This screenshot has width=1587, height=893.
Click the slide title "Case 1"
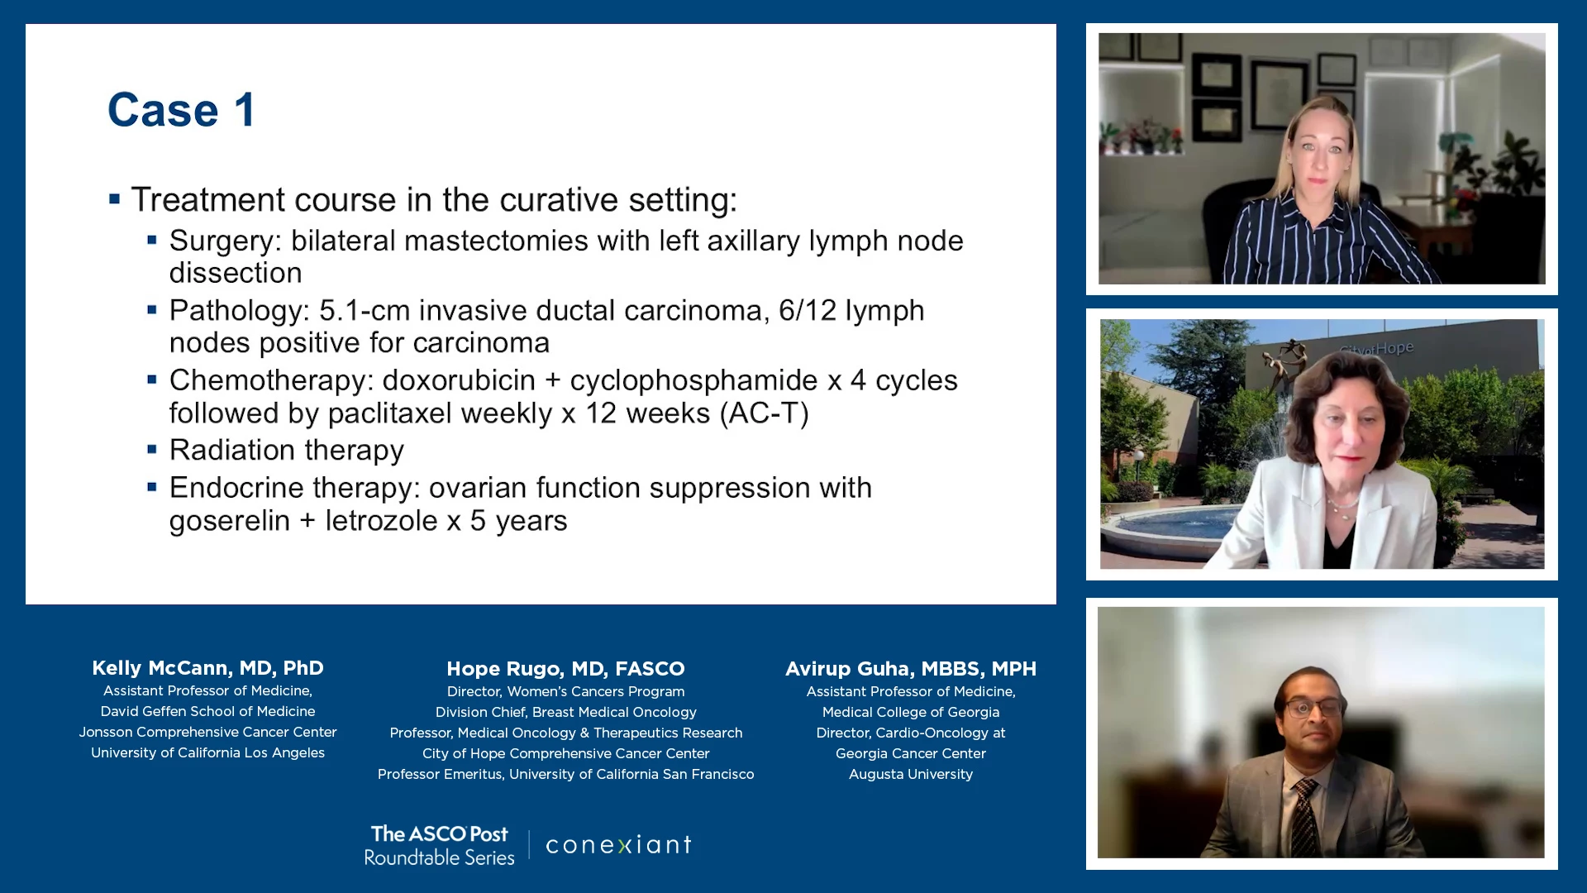(181, 110)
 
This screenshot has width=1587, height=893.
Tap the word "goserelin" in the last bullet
(230, 522)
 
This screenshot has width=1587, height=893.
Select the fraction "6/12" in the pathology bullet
(808, 310)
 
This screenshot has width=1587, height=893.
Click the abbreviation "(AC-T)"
(765, 413)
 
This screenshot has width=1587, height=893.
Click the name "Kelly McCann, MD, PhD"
(207, 668)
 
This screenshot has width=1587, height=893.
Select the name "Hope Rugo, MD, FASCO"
(565, 669)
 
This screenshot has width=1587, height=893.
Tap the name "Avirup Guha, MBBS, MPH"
(911, 669)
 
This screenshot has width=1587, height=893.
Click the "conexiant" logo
(618, 844)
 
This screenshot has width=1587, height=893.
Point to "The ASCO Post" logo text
(440, 834)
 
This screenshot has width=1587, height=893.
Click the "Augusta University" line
(911, 775)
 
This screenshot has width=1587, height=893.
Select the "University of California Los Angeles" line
(207, 753)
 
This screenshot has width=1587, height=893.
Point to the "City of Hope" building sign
(1376, 349)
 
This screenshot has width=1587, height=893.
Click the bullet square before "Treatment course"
(115, 198)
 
